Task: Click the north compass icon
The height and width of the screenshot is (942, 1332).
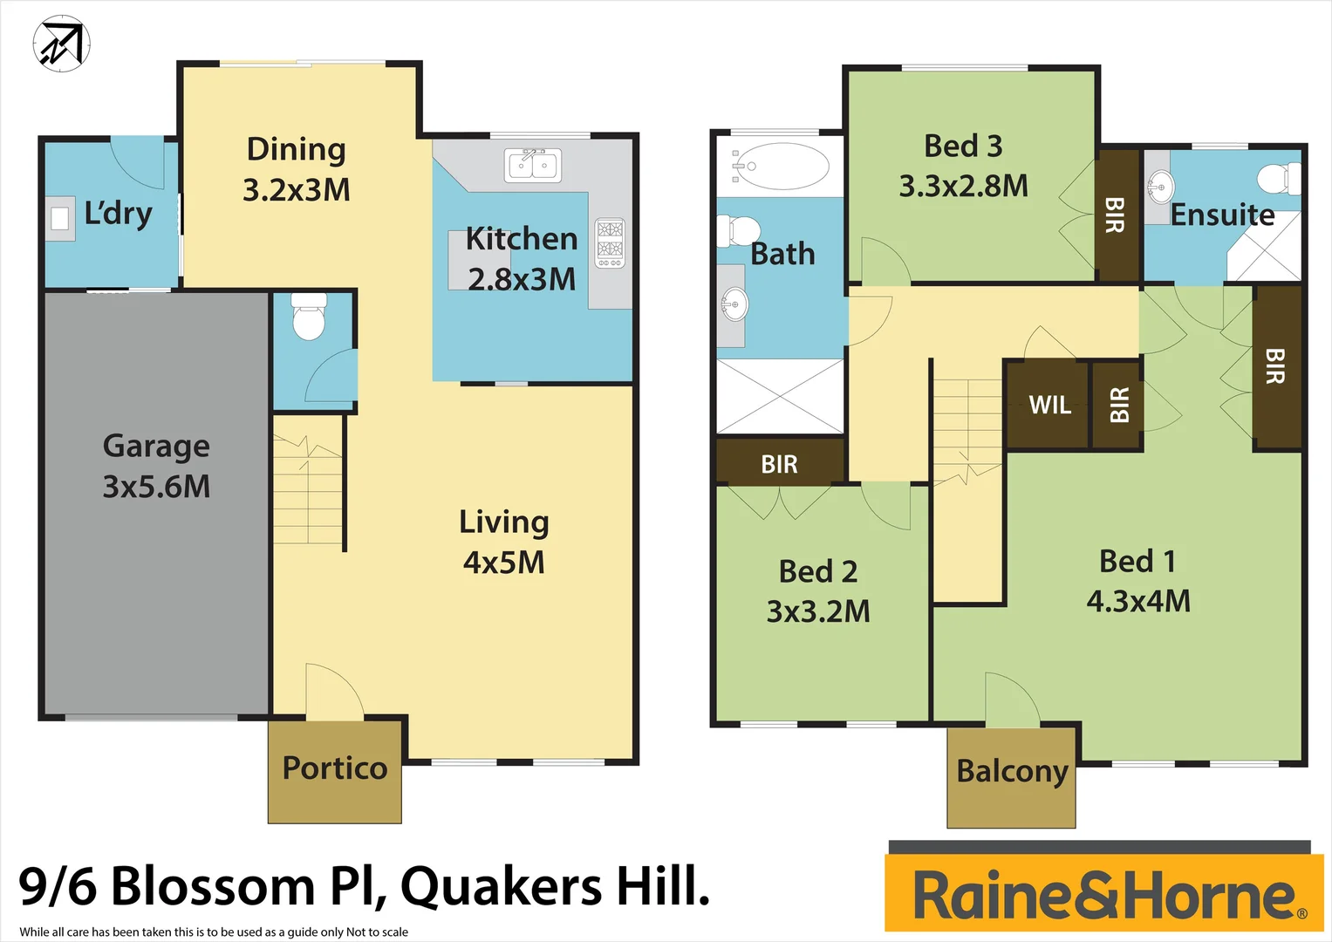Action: tap(62, 44)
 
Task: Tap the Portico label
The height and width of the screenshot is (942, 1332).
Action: tap(335, 768)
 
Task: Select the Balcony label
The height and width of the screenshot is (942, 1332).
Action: tap(1012, 772)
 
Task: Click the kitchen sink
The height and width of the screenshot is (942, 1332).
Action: tap(533, 165)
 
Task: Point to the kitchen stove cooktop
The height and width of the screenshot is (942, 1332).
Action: tap(610, 242)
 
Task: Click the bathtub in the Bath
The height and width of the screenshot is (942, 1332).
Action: tap(781, 166)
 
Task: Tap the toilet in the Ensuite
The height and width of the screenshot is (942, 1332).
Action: tap(1280, 179)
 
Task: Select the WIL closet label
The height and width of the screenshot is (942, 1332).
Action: tap(1049, 406)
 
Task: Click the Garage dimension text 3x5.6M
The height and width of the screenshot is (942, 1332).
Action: tap(157, 487)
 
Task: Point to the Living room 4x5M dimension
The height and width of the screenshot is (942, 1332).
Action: tap(504, 563)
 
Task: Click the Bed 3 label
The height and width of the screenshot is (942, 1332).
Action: tap(963, 146)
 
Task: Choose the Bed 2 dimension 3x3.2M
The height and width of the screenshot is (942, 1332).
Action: tap(818, 611)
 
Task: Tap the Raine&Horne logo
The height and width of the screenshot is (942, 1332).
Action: tap(1104, 895)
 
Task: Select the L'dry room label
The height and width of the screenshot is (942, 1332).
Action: tap(118, 214)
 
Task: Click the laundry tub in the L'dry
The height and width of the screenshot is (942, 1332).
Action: tap(60, 217)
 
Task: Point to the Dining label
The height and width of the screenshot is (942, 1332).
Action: tap(297, 149)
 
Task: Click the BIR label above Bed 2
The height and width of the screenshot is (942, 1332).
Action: tap(779, 464)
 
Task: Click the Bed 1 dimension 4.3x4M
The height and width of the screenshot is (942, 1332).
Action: tap(1138, 601)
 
